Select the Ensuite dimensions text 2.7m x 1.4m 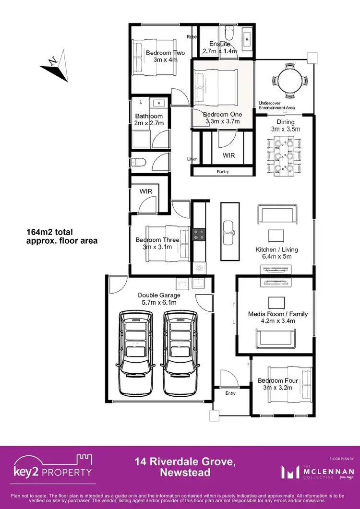coord(220,51)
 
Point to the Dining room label coord(285,122)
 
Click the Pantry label coord(223,172)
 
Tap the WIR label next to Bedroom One coord(228,156)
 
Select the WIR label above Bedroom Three coord(146,191)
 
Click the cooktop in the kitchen coord(199,235)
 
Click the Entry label coord(230,393)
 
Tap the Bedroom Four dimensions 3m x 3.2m coord(278,388)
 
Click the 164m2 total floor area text coord(61,237)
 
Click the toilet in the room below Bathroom coord(138,162)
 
